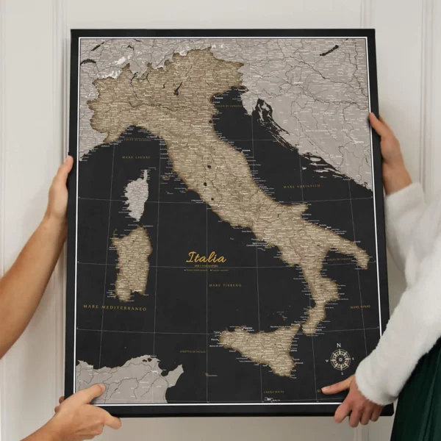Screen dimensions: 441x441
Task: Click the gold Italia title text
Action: click(x=207, y=258)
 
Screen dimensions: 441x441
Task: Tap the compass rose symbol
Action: click(x=340, y=359)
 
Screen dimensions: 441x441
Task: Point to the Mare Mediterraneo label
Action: click(x=114, y=307)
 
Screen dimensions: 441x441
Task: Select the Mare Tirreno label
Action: click(x=226, y=284)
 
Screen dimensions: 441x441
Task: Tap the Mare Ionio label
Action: click(x=360, y=306)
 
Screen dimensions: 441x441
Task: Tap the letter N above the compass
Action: click(x=339, y=345)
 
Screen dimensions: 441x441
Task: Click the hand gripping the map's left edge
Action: click(x=59, y=191)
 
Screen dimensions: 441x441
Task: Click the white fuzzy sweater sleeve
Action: click(x=408, y=294)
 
